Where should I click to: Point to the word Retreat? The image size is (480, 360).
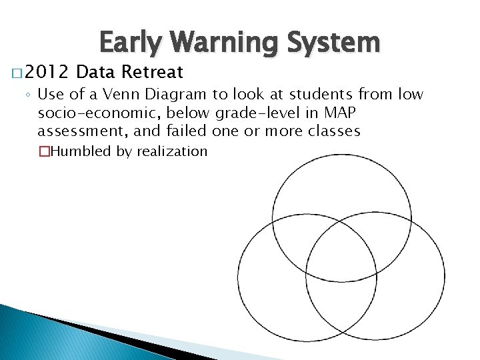click(153, 72)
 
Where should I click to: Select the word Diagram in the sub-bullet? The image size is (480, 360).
click(176, 95)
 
